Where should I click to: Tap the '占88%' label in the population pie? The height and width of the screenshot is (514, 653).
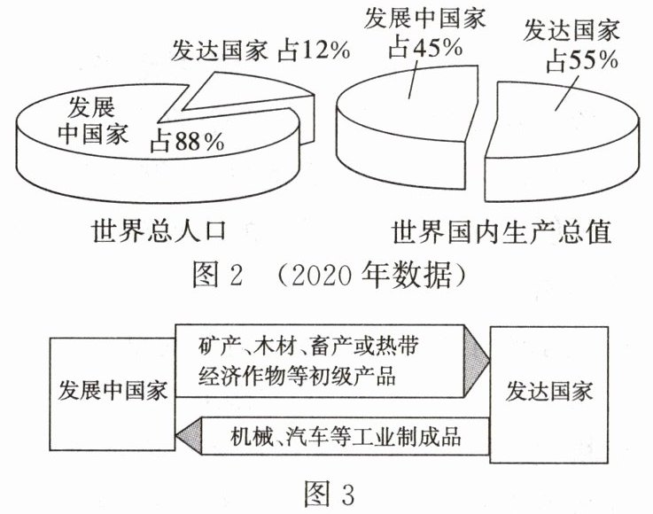click(186, 139)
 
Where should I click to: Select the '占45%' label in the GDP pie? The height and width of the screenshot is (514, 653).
click(424, 48)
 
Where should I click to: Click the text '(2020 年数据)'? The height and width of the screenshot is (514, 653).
click(370, 276)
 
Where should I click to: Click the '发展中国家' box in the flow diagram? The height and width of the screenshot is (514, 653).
click(112, 393)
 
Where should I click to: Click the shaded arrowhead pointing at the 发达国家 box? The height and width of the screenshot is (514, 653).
click(478, 359)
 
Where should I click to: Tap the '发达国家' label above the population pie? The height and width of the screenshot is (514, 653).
click(218, 51)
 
